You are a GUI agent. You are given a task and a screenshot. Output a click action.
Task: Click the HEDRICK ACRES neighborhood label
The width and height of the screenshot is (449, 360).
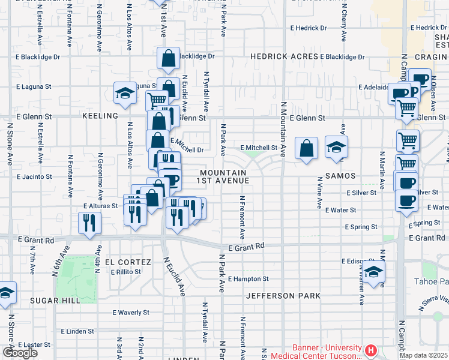point(284,56)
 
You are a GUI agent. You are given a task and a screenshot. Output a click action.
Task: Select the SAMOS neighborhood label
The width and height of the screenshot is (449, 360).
point(341,176)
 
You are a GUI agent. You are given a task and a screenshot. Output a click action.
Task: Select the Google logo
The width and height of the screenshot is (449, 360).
point(20,353)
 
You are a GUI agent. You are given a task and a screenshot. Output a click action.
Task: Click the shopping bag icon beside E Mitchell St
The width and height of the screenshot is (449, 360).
point(306,149)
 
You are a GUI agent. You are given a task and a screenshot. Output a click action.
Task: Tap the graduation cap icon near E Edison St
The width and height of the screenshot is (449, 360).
point(373,271)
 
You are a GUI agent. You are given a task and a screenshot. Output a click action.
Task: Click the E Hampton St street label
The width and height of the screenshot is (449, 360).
point(248,279)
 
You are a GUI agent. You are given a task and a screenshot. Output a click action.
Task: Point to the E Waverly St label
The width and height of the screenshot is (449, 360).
point(131,313)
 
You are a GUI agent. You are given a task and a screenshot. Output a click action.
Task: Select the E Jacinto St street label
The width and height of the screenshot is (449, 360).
point(34,177)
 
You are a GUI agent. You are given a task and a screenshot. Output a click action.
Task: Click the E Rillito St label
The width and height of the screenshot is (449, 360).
point(125,271)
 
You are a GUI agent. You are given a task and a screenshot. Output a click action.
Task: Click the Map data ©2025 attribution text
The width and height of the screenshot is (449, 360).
point(423,355)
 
